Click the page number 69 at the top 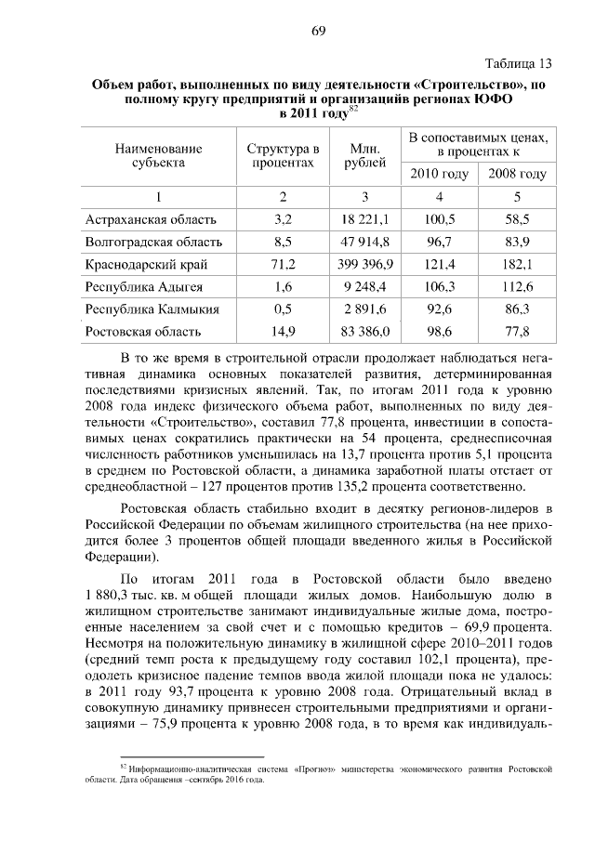(318, 31)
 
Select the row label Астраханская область (151, 219)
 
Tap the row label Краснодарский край (140, 264)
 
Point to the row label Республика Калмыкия (152, 309)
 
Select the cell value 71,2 (284, 264)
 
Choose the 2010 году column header (440, 174)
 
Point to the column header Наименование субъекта (158, 155)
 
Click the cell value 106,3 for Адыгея (440, 286)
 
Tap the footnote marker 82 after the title (353, 108)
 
